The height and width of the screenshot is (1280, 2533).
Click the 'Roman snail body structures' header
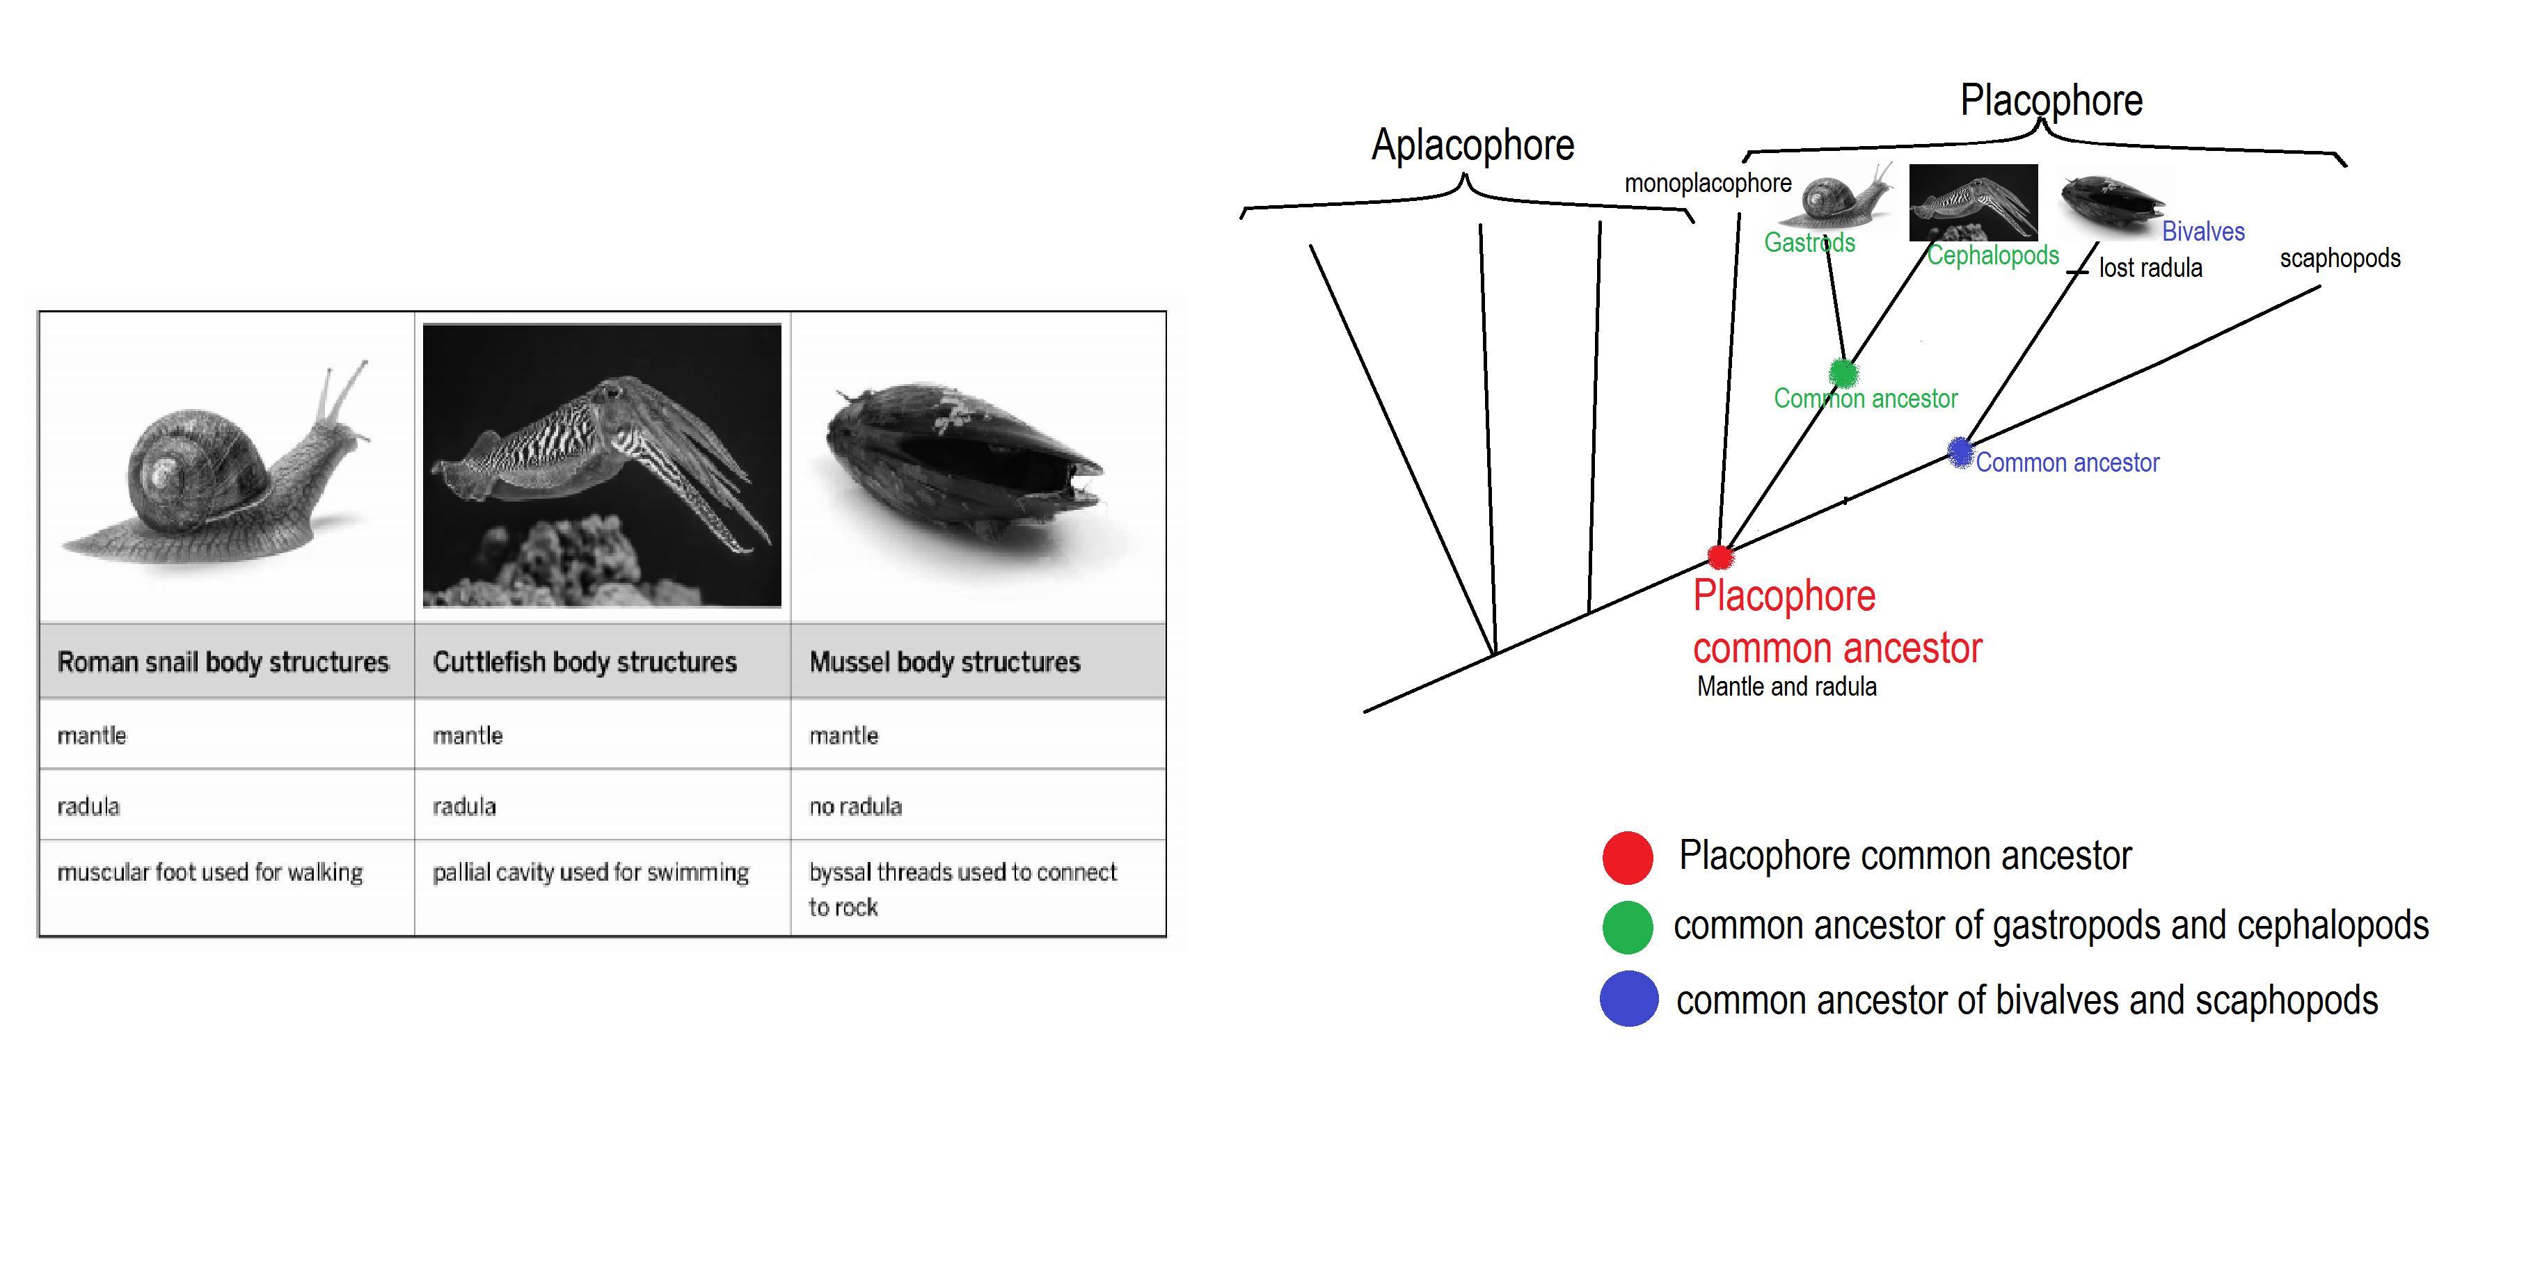(223, 662)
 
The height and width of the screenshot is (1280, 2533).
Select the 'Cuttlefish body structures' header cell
(585, 662)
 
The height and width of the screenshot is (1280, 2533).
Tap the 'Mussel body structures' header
(945, 662)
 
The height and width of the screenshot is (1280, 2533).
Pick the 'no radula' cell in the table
(855, 806)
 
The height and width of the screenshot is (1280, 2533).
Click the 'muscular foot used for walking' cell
(210, 872)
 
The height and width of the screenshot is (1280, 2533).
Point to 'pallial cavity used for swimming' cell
(591, 872)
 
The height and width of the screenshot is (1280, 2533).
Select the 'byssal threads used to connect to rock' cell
(962, 889)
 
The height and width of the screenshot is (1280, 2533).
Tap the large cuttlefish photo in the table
(602, 465)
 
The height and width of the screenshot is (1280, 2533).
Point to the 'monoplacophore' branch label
(1708, 184)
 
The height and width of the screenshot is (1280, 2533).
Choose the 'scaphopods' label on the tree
(2340, 259)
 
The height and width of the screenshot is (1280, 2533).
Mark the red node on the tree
(1720, 557)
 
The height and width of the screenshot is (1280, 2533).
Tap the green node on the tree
(1843, 374)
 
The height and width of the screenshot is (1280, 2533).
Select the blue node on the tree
(1960, 452)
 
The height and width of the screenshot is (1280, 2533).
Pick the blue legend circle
(1628, 999)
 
